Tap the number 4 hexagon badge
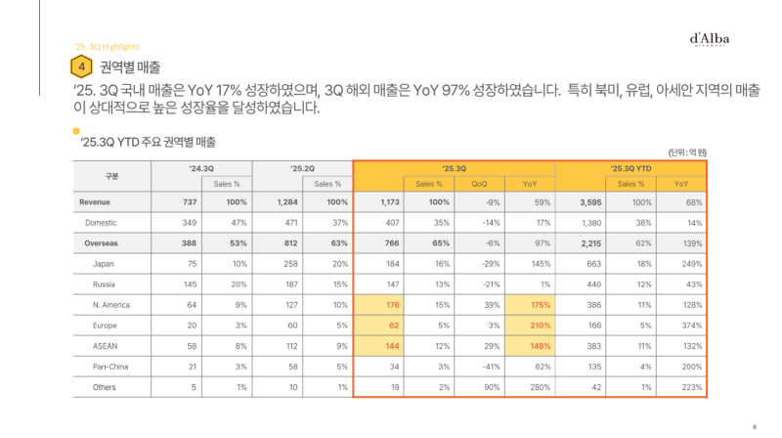coord(82,66)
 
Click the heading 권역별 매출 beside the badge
coord(131,66)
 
